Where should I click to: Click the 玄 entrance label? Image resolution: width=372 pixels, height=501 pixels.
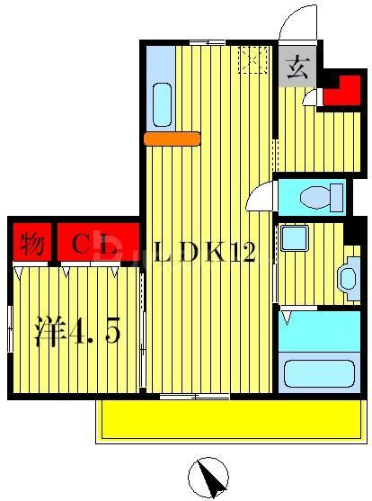click(x=297, y=67)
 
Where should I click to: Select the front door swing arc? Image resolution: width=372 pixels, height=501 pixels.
click(x=297, y=22)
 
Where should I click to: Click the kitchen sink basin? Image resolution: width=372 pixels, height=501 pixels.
click(x=163, y=104)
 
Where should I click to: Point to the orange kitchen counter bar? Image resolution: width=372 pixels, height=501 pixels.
click(x=172, y=138)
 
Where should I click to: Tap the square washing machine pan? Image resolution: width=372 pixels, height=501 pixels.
click(x=293, y=238)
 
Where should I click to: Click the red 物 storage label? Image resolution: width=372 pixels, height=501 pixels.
click(x=31, y=243)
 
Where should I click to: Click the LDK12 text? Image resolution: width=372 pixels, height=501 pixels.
click(x=206, y=254)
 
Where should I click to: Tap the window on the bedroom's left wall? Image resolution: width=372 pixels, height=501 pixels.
click(x=9, y=328)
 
